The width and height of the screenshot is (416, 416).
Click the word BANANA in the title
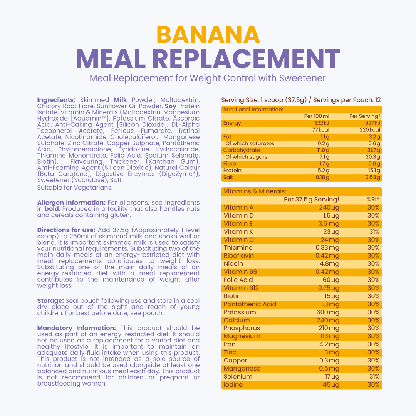(x=208, y=35)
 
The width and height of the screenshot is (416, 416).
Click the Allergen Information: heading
(x=71, y=203)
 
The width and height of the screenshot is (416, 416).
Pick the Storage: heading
(x=50, y=301)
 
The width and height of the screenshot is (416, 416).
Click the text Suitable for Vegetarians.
(x=75, y=188)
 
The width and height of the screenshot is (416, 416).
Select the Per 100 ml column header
(x=317, y=116)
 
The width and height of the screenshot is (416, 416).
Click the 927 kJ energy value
(x=372, y=123)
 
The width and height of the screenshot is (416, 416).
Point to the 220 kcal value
(x=370, y=130)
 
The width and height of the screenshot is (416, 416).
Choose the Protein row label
(x=232, y=171)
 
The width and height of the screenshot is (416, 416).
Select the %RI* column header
(x=373, y=200)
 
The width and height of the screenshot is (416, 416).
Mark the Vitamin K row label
(x=238, y=232)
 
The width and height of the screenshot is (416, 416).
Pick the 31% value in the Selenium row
(x=374, y=377)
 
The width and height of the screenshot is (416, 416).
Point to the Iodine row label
(x=233, y=385)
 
